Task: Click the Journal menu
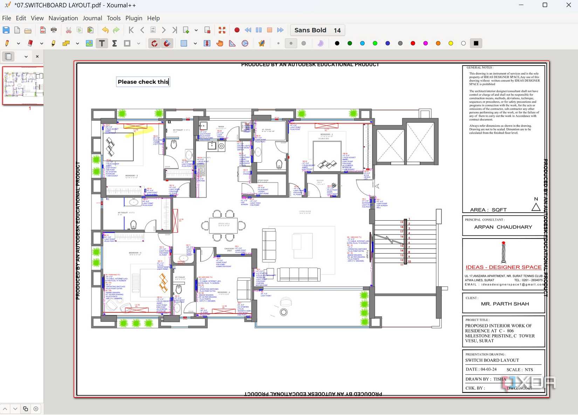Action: click(x=92, y=18)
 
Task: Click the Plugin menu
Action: click(x=134, y=18)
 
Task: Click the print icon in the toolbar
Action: click(x=54, y=30)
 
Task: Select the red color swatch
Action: click(x=413, y=43)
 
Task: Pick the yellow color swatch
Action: click(x=450, y=43)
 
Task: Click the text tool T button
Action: click(x=102, y=43)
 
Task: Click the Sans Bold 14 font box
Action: click(x=317, y=30)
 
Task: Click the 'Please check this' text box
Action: click(x=143, y=82)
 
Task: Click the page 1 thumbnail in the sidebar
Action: click(x=23, y=85)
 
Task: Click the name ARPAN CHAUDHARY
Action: click(x=503, y=227)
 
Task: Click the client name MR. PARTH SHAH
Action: click(x=505, y=304)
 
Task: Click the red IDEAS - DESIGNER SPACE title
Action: click(x=503, y=267)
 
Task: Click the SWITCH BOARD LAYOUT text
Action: click(x=492, y=360)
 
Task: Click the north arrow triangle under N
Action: click(x=536, y=207)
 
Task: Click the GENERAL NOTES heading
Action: click(x=480, y=67)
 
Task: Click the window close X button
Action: click(x=569, y=5)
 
